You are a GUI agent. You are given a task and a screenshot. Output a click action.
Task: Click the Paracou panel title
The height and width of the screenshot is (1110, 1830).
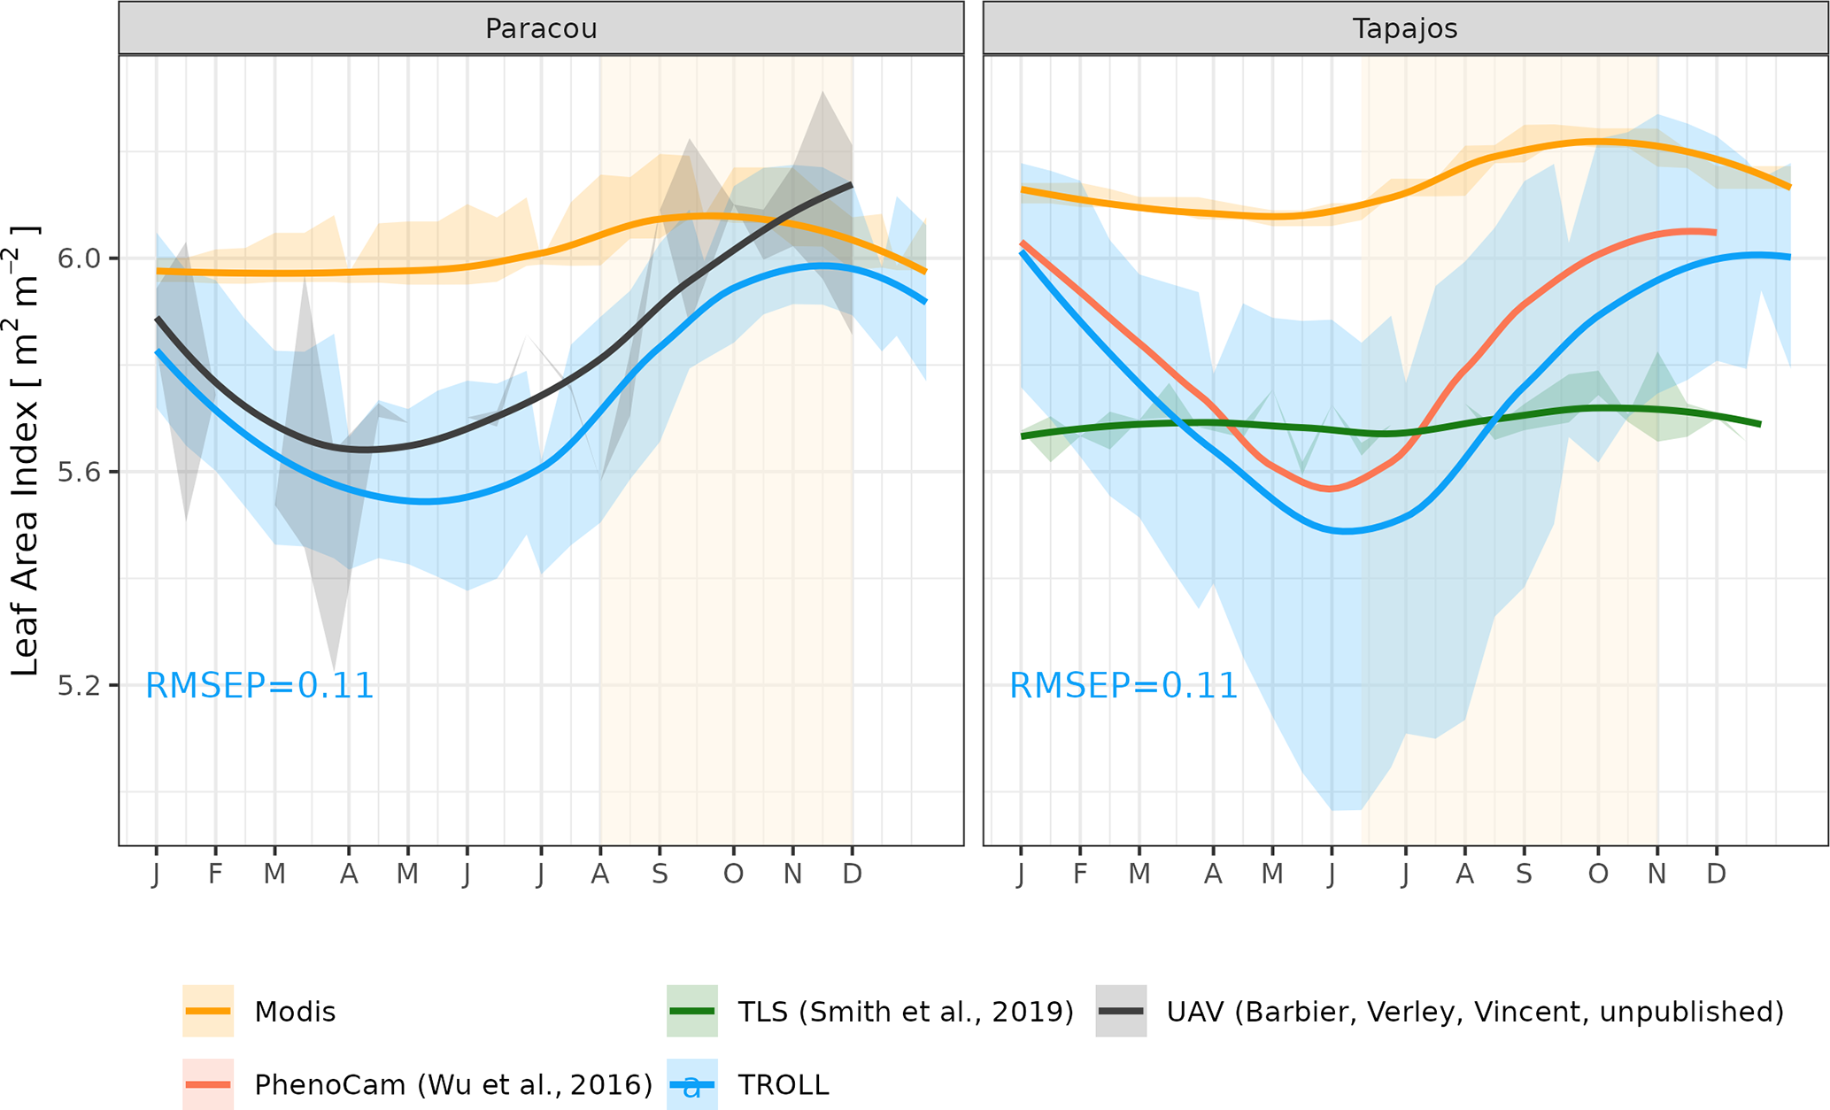point(541,28)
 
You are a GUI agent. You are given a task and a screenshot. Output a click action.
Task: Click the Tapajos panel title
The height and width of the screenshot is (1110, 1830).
point(1405,28)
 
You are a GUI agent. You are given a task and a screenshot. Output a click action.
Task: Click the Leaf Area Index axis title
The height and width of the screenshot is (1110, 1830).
point(25,451)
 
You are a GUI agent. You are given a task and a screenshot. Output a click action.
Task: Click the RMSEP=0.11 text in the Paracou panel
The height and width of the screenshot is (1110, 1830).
point(259,686)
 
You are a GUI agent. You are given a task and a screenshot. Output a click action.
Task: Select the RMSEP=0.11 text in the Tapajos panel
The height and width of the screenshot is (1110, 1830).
point(1123,686)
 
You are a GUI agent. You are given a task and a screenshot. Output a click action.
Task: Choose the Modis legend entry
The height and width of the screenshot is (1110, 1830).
point(295,1012)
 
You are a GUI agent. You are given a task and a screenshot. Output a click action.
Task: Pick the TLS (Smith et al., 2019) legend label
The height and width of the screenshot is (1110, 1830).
point(905,1012)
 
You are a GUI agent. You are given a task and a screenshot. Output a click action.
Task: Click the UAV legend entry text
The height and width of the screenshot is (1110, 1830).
point(1475,1012)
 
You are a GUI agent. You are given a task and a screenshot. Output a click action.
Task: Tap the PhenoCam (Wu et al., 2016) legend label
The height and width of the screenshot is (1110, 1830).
point(453,1085)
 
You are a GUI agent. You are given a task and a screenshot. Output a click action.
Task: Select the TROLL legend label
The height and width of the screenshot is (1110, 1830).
point(783,1085)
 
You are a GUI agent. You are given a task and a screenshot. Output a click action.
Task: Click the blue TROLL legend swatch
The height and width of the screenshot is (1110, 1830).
point(691,1085)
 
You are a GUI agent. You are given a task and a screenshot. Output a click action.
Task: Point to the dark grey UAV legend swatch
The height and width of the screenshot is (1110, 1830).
point(1121,1011)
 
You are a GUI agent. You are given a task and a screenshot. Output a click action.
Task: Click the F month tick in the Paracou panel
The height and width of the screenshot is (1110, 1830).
point(215,875)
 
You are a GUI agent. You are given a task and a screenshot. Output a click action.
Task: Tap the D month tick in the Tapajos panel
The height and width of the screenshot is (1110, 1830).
point(1716,875)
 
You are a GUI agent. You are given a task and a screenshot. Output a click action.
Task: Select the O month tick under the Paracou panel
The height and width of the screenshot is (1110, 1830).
point(733,875)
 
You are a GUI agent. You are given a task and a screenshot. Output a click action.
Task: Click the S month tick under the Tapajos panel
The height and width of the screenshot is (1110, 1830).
point(1524,875)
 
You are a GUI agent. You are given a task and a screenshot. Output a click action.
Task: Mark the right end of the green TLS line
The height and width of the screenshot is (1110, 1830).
point(1760,424)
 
